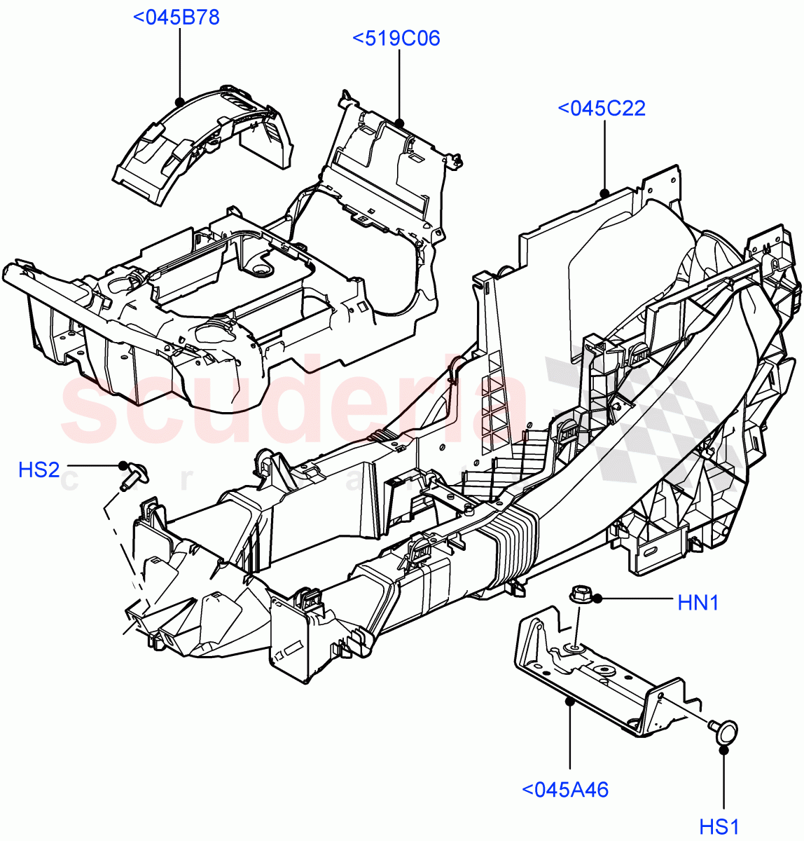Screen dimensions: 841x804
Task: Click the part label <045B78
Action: (x=176, y=17)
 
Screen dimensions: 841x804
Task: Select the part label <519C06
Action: (x=396, y=38)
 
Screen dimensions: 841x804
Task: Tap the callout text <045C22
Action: (x=602, y=109)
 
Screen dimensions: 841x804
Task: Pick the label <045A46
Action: (x=566, y=790)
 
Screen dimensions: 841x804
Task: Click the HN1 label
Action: (x=698, y=602)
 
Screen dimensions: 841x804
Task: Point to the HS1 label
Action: (x=719, y=827)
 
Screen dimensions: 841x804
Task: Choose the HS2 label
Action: (x=39, y=470)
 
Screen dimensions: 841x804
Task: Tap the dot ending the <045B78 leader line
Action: (x=179, y=102)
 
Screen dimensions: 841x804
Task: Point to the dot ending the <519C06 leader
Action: (x=399, y=123)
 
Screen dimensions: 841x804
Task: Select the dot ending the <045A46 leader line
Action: (x=569, y=699)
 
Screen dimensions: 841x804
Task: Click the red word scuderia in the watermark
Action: (x=294, y=406)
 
